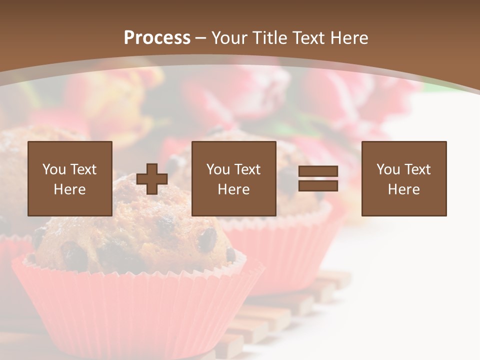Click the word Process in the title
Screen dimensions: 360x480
[157, 38]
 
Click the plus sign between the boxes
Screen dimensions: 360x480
[152, 179]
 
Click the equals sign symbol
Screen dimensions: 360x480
[318, 178]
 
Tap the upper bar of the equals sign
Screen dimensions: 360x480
[318, 171]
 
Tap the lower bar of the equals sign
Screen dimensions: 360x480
[318, 185]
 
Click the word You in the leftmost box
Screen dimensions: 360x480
[54, 169]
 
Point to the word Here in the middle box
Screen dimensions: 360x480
[234, 189]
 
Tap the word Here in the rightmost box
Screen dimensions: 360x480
[404, 189]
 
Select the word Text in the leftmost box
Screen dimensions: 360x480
[83, 169]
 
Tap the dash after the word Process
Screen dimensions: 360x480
[200, 38]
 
